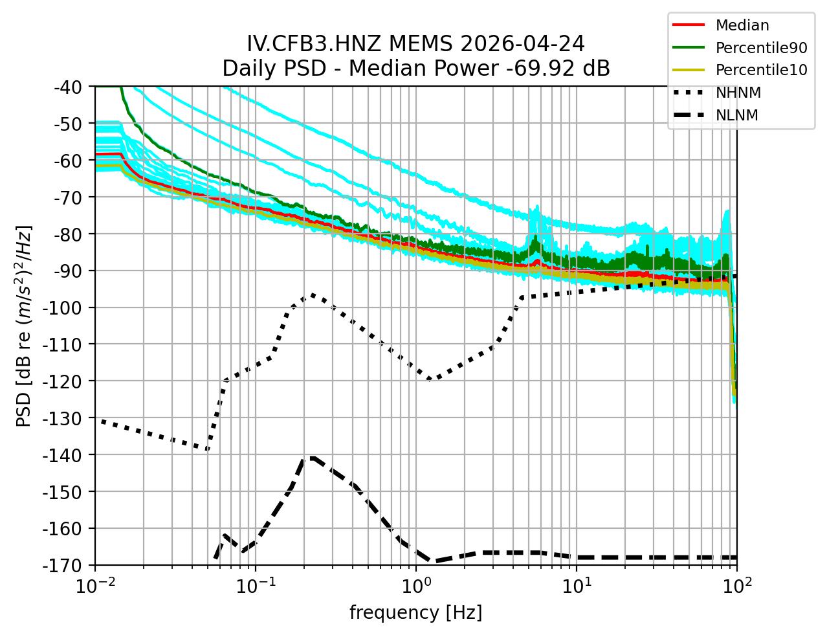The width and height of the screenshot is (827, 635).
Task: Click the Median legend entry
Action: point(742,26)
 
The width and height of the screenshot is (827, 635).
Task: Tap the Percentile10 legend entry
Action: point(761,71)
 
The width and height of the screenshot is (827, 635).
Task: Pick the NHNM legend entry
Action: point(738,93)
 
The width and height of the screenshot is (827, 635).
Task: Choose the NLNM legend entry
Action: point(736,116)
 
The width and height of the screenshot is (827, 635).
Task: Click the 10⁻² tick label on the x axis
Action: point(96,587)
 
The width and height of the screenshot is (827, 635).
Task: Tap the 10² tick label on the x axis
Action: point(736,587)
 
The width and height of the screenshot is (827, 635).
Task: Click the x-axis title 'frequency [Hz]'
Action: point(415,612)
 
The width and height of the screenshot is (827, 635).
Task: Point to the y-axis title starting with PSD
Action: point(24,326)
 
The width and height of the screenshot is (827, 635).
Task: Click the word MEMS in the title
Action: point(425,44)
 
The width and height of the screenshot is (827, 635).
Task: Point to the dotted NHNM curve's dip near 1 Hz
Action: point(430,380)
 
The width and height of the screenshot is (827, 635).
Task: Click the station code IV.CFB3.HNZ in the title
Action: point(315,44)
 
